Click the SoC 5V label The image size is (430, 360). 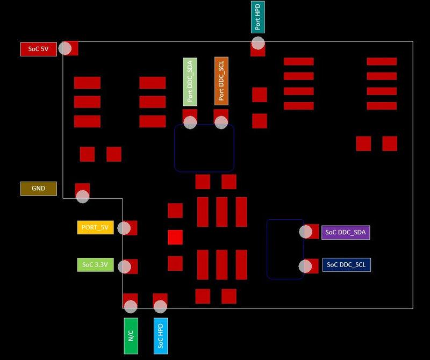[x=38, y=49]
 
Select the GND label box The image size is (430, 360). [x=38, y=189]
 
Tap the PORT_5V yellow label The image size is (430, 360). [x=95, y=227]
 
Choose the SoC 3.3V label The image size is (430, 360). [x=95, y=264]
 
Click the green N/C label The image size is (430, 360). [x=131, y=335]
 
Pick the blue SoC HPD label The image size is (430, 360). [x=160, y=335]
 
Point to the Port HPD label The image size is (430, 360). [x=257, y=16]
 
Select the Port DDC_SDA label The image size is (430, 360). [x=190, y=81]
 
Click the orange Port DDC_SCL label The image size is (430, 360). [x=221, y=81]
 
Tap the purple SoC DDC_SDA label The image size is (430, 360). [x=346, y=233]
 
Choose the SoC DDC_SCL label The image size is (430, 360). [x=346, y=264]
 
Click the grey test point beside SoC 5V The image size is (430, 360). [x=65, y=48]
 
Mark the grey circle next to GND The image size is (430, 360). [x=82, y=196]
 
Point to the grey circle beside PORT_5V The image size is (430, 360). [x=124, y=228]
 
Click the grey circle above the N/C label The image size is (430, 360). [x=131, y=306]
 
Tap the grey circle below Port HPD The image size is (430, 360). [x=258, y=43]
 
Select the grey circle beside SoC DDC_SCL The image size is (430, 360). [x=305, y=266]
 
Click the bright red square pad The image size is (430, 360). [x=175, y=237]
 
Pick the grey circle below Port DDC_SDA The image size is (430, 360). [x=190, y=122]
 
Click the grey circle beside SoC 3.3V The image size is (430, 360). [x=124, y=267]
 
